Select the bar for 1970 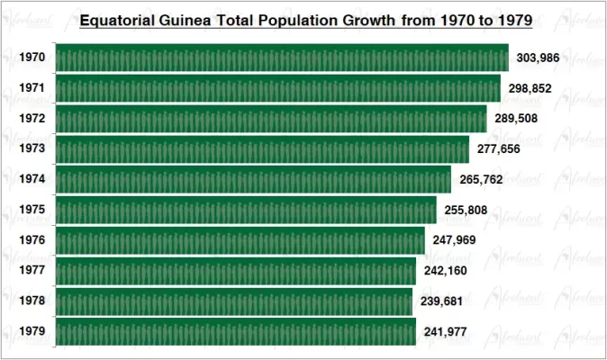[282, 58]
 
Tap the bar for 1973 [262, 149]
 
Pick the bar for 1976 [240, 241]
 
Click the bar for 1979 [235, 332]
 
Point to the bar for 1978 [234, 301]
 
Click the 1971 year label [32, 88]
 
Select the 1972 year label [32, 119]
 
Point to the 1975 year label [32, 211]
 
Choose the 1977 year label [32, 271]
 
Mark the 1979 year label [32, 332]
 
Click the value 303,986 [539, 58]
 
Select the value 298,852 [530, 88]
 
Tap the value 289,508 [516, 119]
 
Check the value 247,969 [454, 241]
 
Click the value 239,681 [442, 301]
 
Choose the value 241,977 [445, 332]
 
